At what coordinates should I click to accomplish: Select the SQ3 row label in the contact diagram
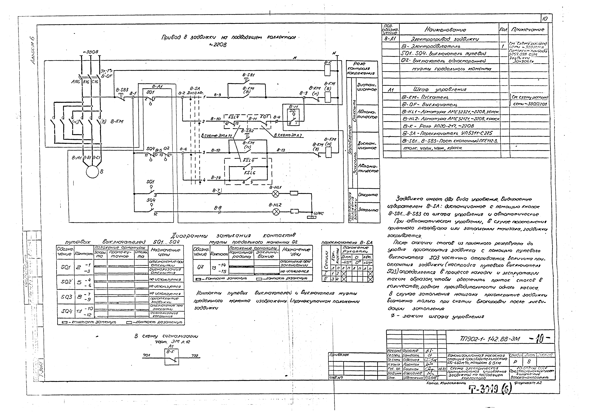(66, 297)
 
